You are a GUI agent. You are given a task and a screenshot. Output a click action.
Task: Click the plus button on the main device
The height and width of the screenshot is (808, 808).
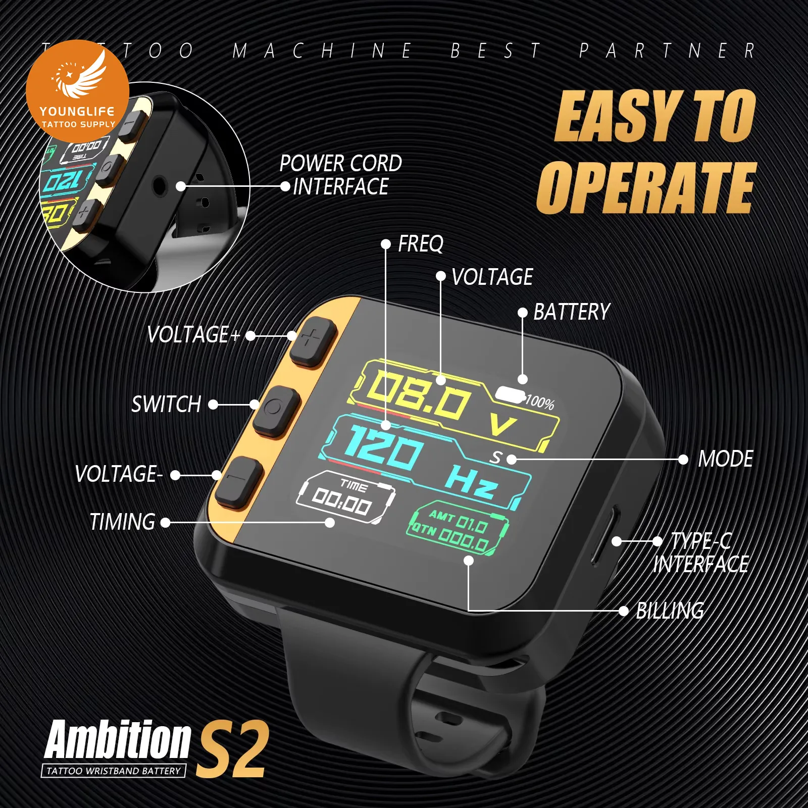313,342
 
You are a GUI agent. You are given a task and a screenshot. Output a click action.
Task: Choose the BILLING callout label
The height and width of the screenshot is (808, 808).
670,611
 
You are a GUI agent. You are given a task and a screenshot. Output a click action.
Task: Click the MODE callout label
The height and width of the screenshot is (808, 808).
725,460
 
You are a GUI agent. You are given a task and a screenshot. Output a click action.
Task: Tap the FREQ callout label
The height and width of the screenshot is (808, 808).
421,244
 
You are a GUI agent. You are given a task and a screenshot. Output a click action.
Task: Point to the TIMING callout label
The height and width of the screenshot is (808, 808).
122,522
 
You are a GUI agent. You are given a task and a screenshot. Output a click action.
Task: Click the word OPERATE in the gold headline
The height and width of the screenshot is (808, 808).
646,188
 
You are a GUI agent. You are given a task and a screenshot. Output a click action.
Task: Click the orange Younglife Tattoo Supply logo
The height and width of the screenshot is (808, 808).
78,91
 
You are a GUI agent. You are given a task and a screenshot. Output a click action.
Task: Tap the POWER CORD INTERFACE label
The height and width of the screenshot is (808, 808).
341,175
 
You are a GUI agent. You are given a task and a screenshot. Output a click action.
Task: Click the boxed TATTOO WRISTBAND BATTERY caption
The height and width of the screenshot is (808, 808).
114,771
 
